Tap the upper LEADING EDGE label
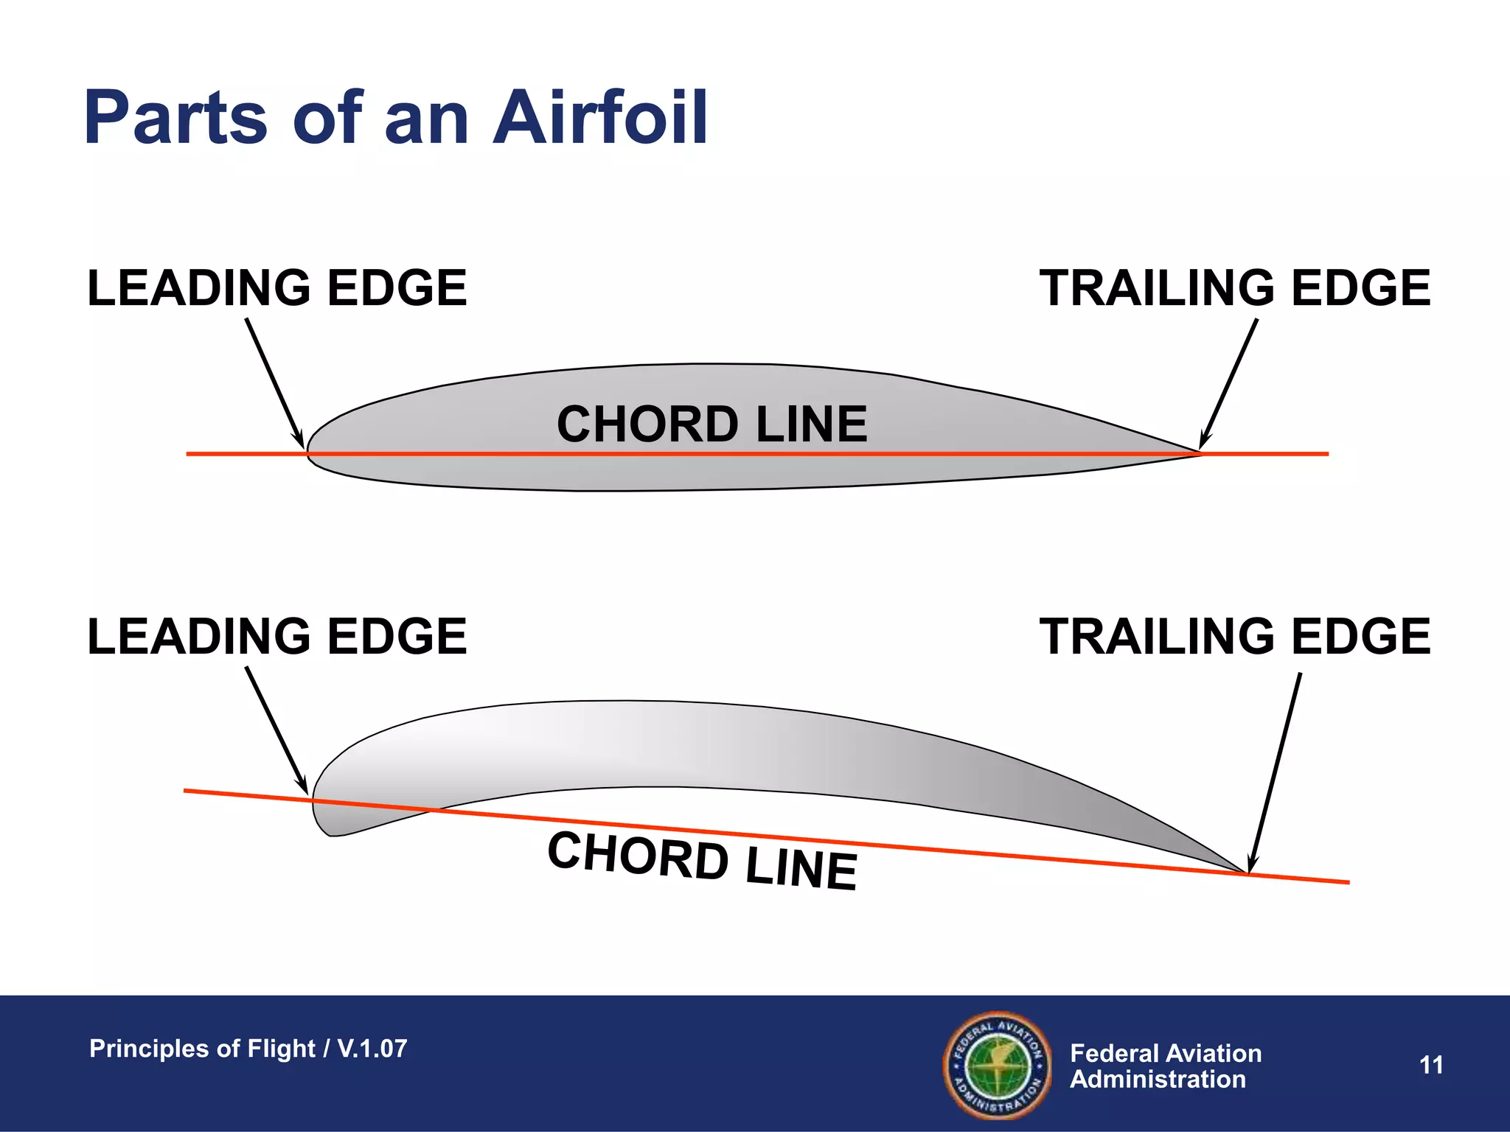276,287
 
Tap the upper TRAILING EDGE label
1235,287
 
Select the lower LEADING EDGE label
276,636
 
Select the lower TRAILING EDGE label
1235,636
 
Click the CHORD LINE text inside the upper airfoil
711,424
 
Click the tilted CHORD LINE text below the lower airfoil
702,860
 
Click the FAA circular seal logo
998,1065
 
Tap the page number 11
1431,1065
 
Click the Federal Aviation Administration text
1165,1066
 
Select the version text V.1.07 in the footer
372,1048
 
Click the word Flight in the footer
281,1048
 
